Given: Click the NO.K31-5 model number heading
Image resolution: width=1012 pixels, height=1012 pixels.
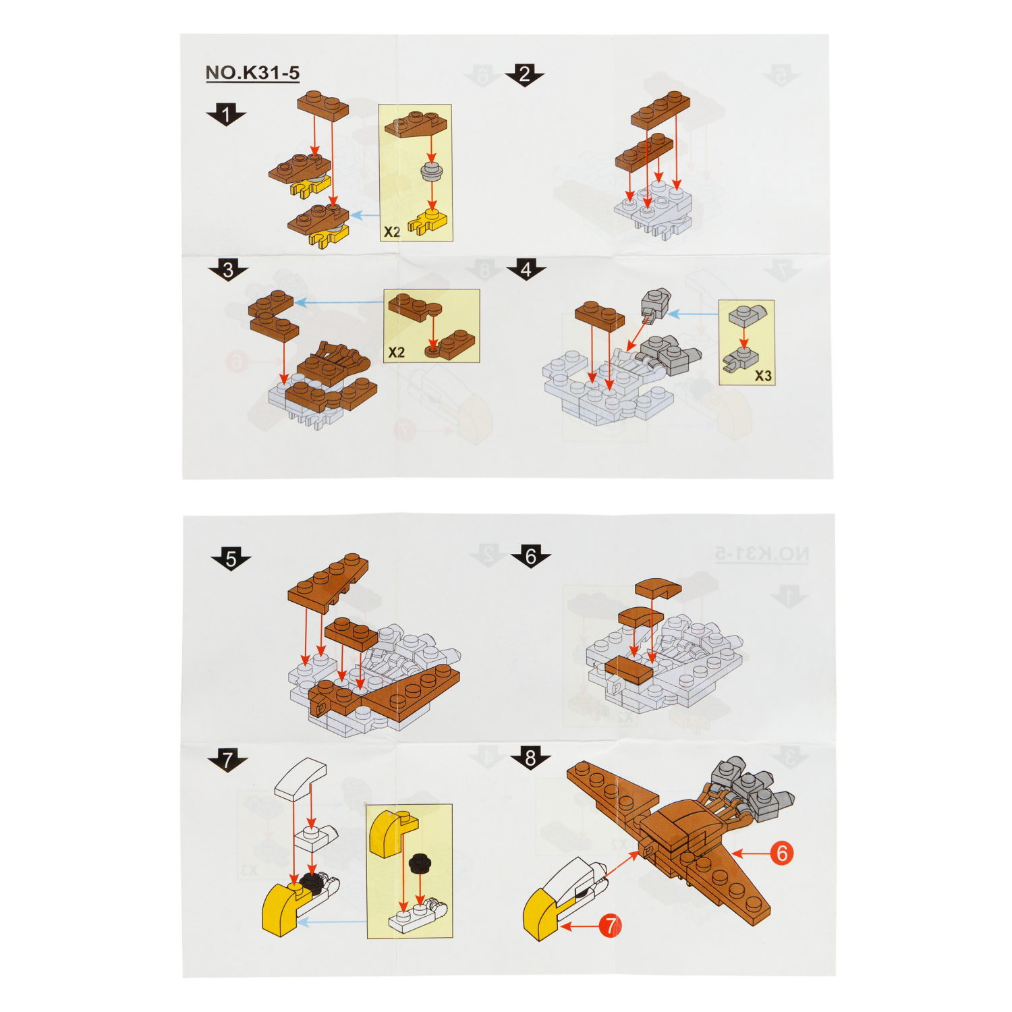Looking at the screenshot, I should (x=252, y=73).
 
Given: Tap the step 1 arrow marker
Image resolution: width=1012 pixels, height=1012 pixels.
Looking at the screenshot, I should (x=226, y=115).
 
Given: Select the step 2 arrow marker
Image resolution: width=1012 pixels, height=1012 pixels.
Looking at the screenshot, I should (x=524, y=75).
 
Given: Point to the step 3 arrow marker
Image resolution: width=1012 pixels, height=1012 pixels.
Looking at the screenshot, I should (x=228, y=271).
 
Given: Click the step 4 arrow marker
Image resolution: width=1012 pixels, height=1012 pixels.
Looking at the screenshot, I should (x=526, y=270).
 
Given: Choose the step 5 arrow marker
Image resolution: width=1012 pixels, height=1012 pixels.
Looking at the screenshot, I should (x=231, y=559).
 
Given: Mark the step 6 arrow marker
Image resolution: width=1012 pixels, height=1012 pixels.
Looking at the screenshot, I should (x=530, y=557).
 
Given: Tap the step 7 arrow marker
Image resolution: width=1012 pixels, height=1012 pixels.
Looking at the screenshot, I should (x=227, y=760).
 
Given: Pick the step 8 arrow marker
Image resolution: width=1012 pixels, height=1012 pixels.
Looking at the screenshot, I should (x=530, y=758).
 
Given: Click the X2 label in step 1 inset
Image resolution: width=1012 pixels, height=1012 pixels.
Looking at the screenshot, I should (x=392, y=232).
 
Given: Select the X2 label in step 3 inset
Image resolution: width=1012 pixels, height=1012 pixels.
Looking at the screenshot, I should (x=397, y=352).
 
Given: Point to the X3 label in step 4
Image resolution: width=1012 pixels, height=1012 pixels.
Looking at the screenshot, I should (x=763, y=376).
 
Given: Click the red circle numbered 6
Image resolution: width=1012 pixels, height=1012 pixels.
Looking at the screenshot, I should (x=782, y=853).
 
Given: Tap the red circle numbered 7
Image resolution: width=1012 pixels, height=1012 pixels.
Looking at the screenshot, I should (x=610, y=926).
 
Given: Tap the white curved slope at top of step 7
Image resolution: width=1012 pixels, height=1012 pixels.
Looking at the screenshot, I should (x=300, y=779).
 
